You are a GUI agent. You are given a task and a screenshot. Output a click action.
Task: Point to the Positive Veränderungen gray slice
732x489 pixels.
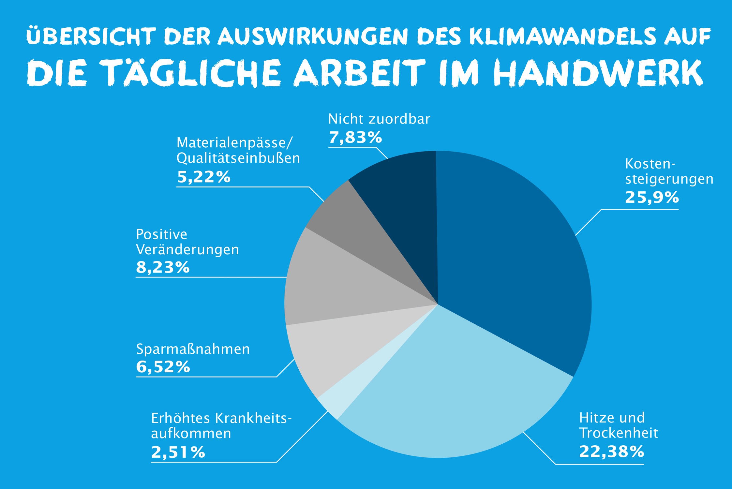(329, 287)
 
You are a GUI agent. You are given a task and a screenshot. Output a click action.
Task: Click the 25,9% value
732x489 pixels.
(652, 198)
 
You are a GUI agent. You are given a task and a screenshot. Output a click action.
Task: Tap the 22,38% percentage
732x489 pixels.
(611, 452)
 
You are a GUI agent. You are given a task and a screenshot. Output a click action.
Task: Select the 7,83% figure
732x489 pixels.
(355, 137)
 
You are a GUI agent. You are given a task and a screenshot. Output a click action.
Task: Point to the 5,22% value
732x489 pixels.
(204, 177)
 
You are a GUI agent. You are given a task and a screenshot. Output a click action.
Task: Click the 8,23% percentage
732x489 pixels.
(163, 268)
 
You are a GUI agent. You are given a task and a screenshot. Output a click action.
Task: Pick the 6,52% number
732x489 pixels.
(163, 367)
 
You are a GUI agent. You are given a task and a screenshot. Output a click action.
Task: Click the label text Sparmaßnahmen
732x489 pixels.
(193, 349)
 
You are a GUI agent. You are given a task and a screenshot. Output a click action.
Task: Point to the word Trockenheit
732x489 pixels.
(619, 433)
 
